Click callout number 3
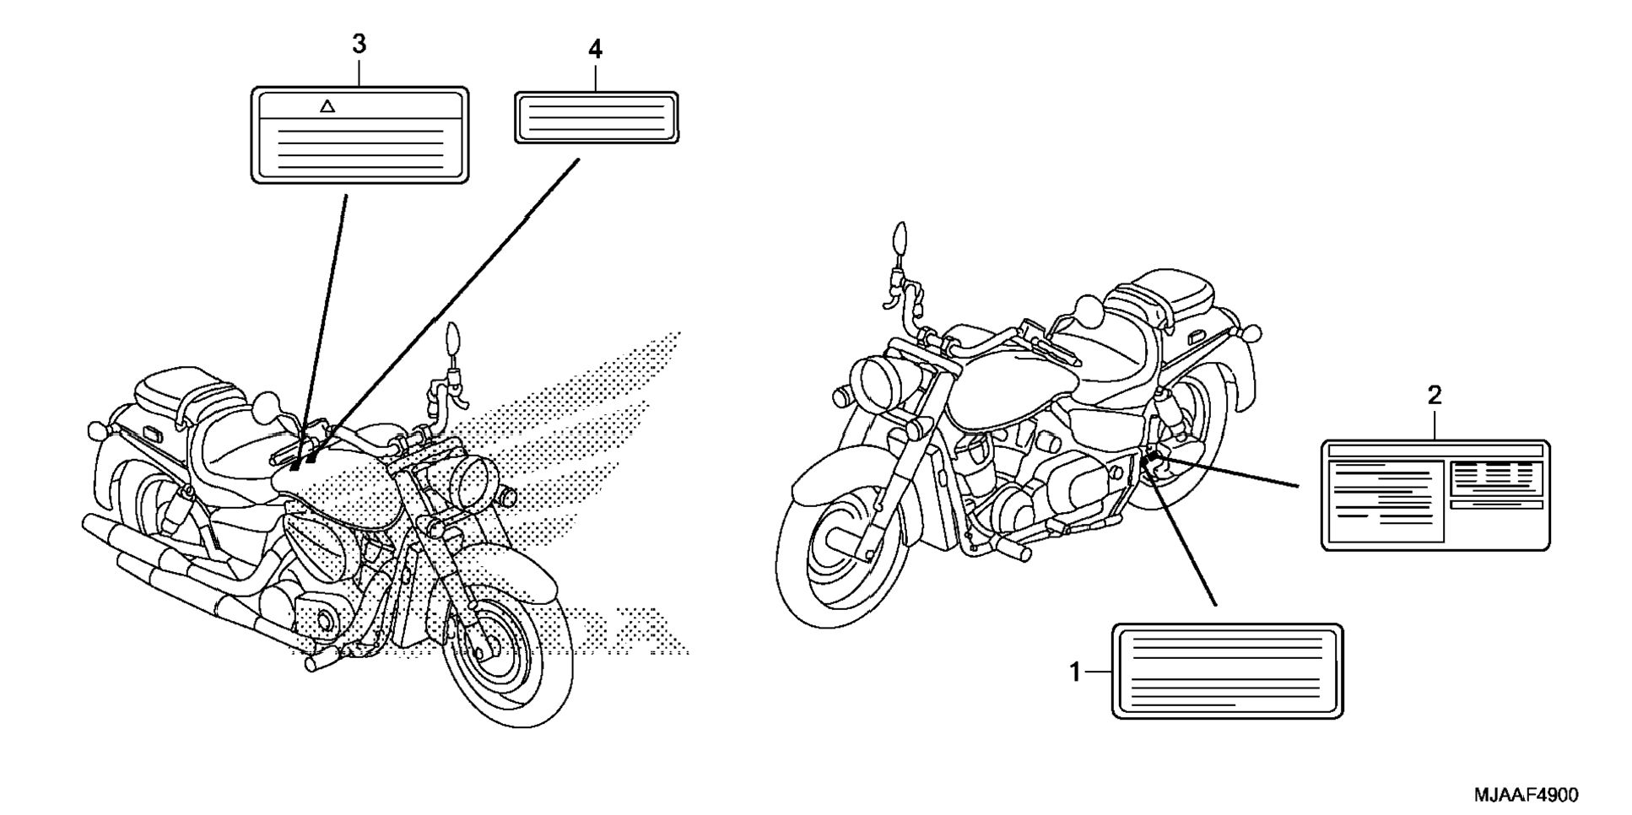359,44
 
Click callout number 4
595,50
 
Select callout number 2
1435,395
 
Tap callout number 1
1074,672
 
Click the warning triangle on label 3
327,106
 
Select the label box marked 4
597,117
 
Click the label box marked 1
1227,671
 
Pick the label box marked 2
1435,495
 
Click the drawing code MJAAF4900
1526,795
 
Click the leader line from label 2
1232,472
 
